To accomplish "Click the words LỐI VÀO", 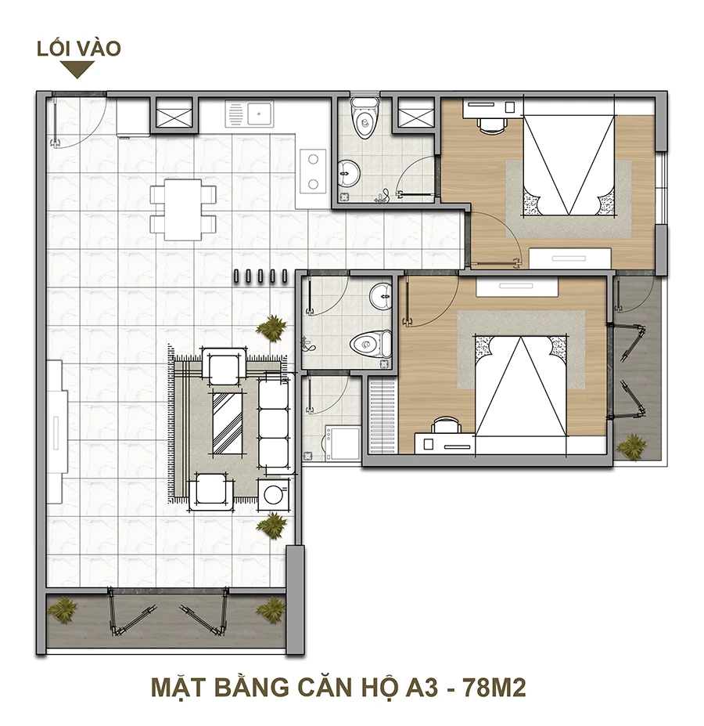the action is (79, 48).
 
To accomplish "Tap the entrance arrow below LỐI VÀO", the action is (77, 70).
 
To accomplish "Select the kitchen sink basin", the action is (259, 114).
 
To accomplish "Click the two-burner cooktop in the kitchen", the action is (313, 172).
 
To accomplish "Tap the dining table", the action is (183, 210).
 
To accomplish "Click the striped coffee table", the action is (228, 423).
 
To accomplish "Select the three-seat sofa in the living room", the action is (275, 423).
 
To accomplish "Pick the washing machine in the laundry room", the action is (343, 444).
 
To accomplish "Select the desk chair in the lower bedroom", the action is (445, 425).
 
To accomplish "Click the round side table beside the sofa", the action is (273, 494).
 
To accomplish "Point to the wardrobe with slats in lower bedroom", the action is (382, 415).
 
